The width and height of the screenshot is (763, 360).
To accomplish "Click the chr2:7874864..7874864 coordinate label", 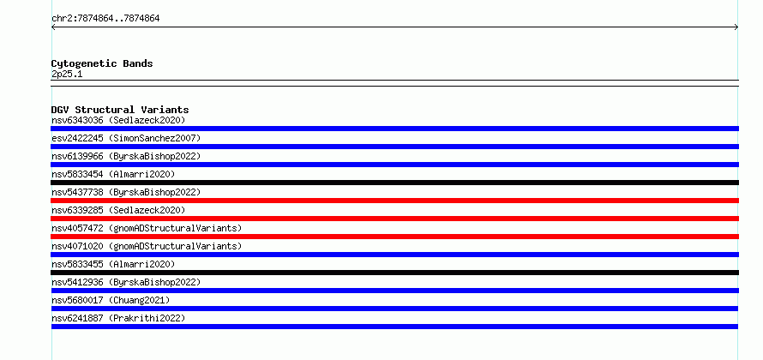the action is coord(105,19).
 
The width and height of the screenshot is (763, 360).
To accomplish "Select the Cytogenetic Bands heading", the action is coord(102,63).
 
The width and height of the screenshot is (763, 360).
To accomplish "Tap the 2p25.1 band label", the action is coord(67,74).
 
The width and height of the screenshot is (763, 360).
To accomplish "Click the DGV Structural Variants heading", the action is coord(120,110).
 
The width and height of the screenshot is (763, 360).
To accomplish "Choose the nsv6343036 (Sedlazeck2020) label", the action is coord(118,120).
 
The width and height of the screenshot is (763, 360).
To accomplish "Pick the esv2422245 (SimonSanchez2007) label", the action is coord(126,138).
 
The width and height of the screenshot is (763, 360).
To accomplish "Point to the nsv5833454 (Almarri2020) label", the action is coord(113,174).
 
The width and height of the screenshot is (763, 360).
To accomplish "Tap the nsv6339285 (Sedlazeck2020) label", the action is coord(118,210).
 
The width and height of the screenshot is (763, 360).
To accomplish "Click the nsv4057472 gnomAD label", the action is coord(147,228).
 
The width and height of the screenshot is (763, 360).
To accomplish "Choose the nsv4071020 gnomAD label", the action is coord(147,246).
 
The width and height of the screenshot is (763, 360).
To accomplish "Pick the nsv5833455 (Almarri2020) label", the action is coord(113,264).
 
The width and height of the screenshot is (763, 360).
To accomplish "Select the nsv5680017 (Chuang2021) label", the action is coord(111,300).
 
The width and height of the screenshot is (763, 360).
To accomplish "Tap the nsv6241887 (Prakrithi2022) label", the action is coord(118,318).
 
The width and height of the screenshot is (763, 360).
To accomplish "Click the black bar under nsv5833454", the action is coord(394,183).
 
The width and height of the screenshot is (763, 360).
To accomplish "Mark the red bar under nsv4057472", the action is coord(394,237).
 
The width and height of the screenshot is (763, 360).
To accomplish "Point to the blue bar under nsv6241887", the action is coord(394,327).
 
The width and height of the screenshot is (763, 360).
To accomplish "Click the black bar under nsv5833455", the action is coord(394,273).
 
